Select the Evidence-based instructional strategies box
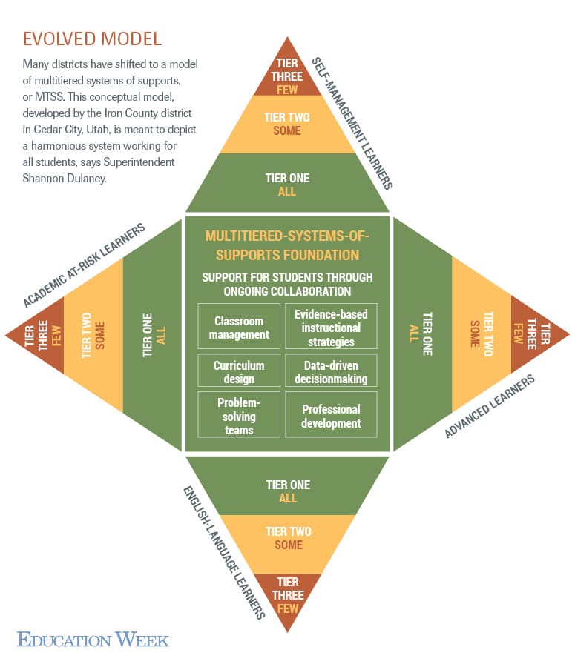(x=331, y=328)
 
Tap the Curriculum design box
(x=239, y=372)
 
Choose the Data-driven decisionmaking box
(x=331, y=372)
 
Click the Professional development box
(x=331, y=416)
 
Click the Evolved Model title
(x=93, y=38)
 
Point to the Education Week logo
(x=93, y=639)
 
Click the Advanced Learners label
(x=490, y=406)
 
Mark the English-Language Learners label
(x=223, y=552)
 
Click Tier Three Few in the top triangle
(x=287, y=77)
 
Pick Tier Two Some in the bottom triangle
(x=288, y=538)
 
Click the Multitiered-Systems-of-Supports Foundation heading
(x=286, y=245)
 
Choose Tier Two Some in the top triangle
(x=287, y=124)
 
